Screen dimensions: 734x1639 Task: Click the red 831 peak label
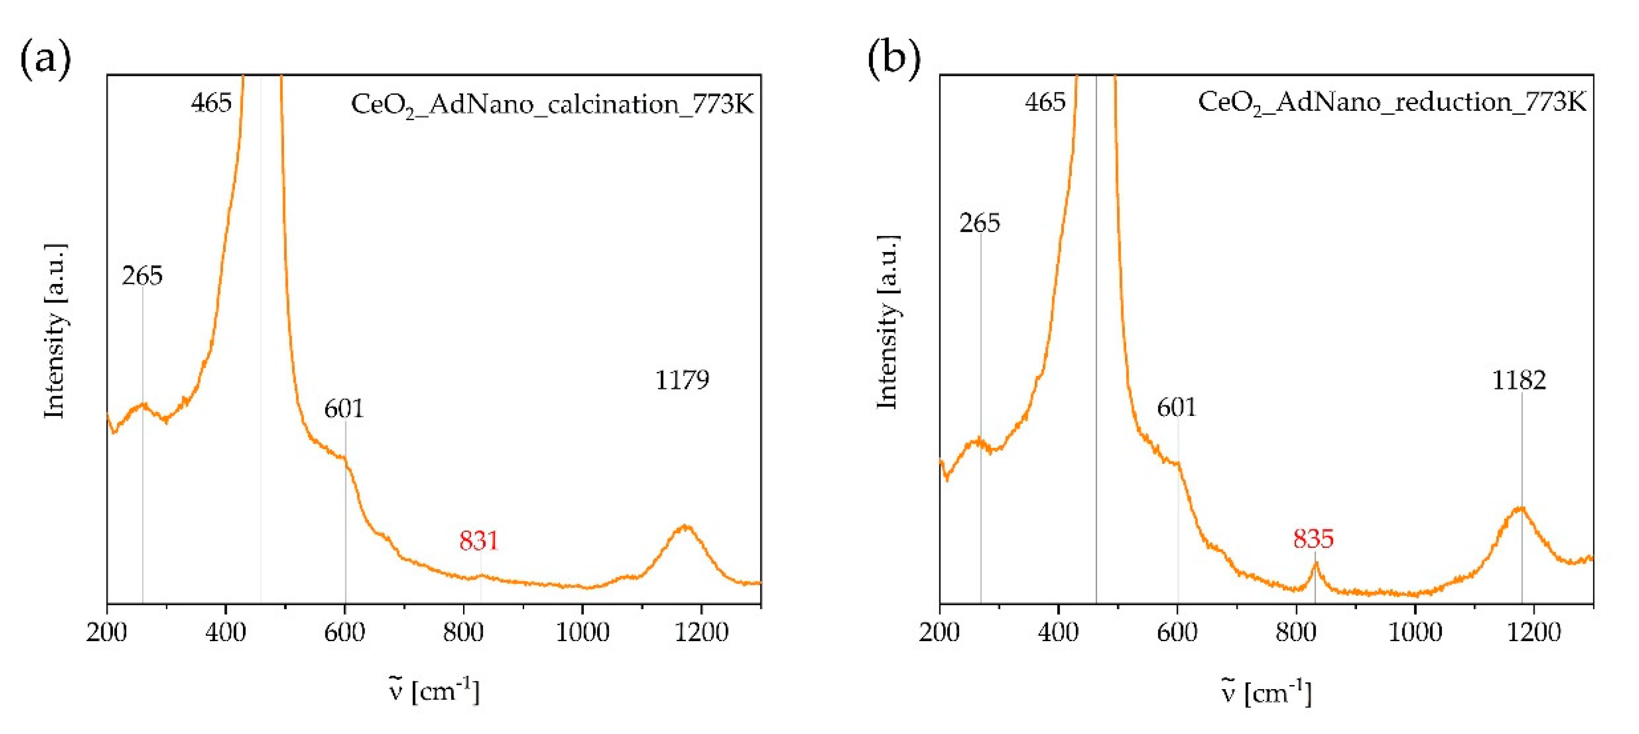(478, 541)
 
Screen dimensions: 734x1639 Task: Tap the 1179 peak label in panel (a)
(681, 380)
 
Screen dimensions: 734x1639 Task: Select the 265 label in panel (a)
(142, 275)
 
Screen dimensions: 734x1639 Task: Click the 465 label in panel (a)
(211, 102)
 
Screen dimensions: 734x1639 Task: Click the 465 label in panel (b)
(1045, 102)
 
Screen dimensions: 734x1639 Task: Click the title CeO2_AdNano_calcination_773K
(551, 104)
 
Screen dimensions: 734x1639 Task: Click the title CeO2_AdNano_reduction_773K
(1392, 102)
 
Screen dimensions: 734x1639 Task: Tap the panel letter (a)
(45, 59)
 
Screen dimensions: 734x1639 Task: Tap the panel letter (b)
(893, 59)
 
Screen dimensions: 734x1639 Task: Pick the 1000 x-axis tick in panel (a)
(582, 632)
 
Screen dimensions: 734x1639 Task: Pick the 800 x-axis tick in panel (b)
(1296, 632)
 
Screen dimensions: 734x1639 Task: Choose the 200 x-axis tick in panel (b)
(939, 632)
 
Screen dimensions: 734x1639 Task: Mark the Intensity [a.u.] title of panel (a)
(55, 331)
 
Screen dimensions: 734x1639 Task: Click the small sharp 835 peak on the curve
(1315, 564)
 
